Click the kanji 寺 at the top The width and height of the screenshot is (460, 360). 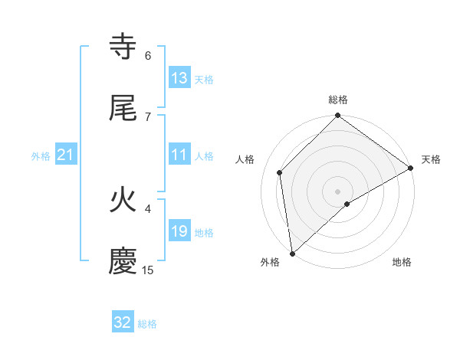pyautogui.click(x=123, y=47)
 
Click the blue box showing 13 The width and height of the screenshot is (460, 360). pyautogui.click(x=179, y=78)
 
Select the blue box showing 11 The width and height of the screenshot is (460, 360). pyautogui.click(x=179, y=155)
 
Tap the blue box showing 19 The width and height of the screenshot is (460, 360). pyautogui.click(x=179, y=231)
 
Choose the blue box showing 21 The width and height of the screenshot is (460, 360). pyautogui.click(x=66, y=155)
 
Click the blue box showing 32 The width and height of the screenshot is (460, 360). pyautogui.click(x=123, y=322)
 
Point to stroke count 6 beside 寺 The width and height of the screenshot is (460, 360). pyautogui.click(x=148, y=55)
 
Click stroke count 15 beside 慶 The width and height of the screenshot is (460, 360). pyautogui.click(x=148, y=270)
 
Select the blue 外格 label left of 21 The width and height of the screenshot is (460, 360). pyautogui.click(x=41, y=156)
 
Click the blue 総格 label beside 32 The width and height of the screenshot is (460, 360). pyautogui.click(x=147, y=324)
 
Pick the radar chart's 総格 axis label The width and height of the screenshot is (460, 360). pyautogui.click(x=338, y=100)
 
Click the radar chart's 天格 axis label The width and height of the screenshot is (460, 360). pyautogui.click(x=431, y=159)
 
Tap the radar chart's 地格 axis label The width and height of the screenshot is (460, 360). pyautogui.click(x=402, y=262)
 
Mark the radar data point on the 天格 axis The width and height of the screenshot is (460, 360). pyautogui.click(x=411, y=168)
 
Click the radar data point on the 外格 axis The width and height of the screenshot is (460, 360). pyautogui.click(x=292, y=254)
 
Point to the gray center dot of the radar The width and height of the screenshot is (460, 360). pyautogui.click(x=338, y=191)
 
